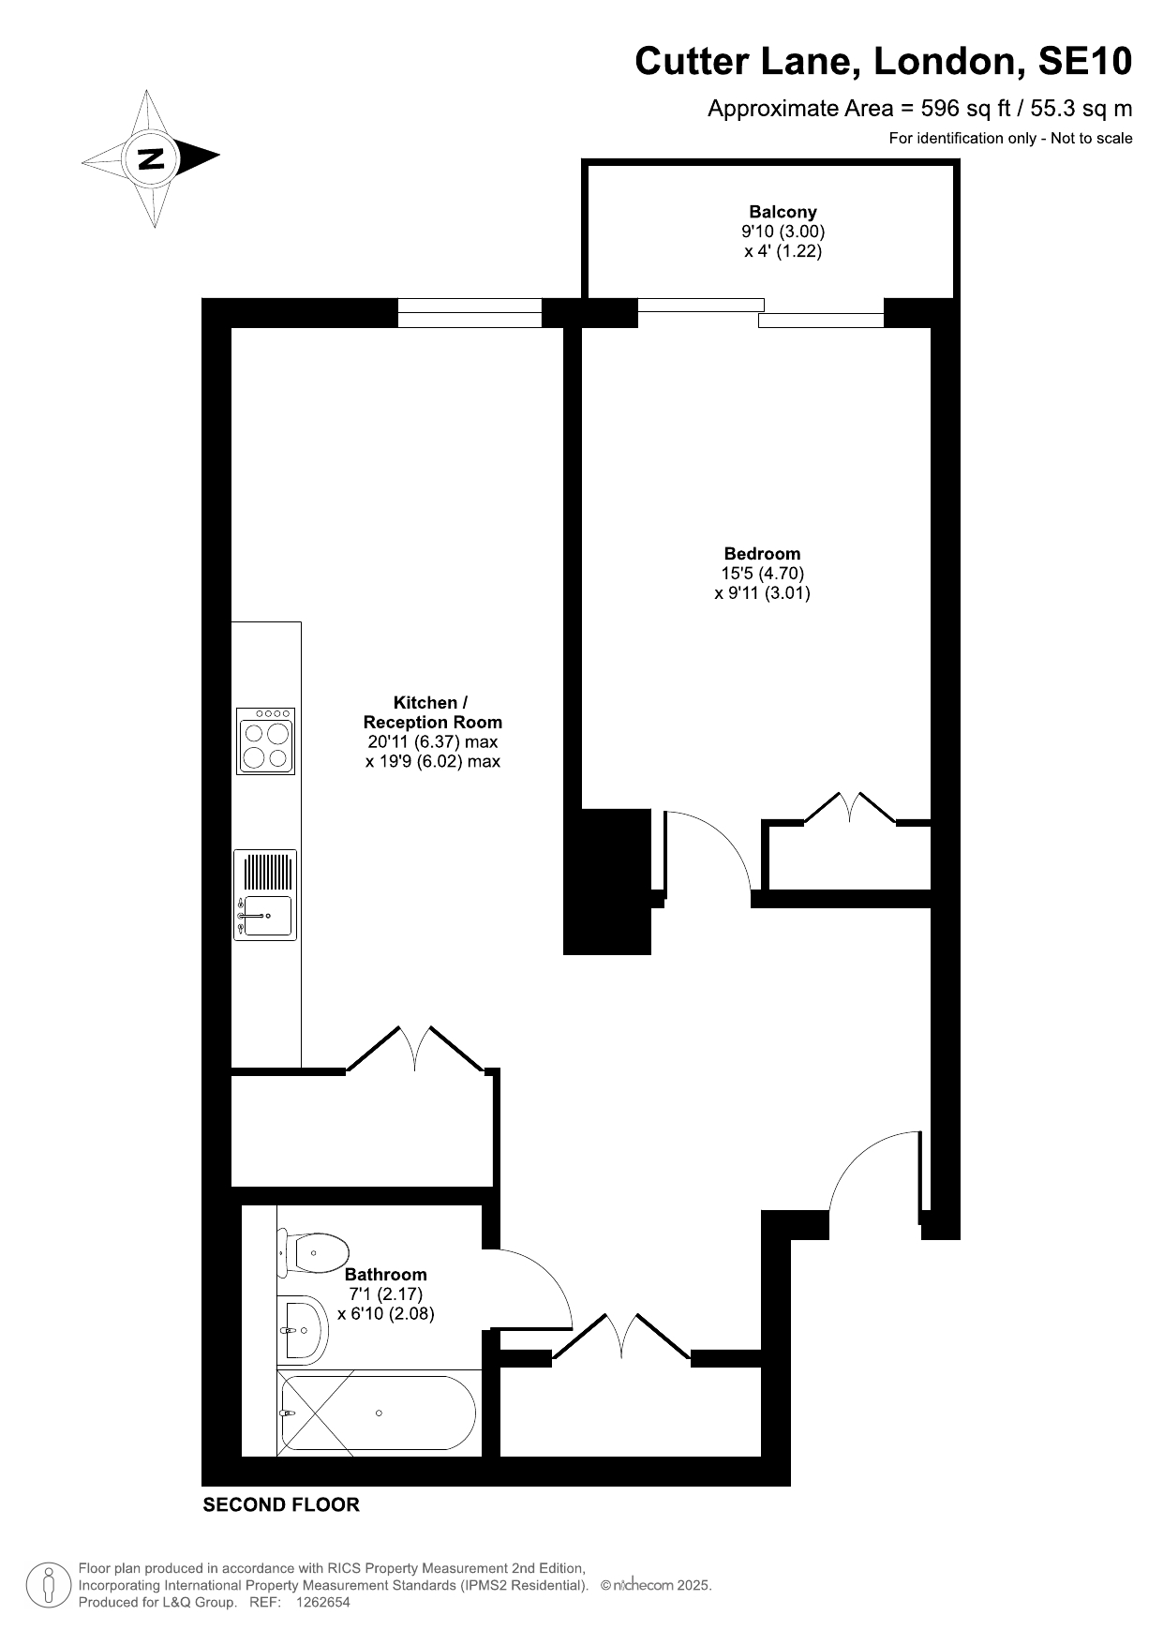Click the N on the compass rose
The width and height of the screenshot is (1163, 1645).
point(151,157)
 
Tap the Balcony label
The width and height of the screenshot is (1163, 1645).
point(783,212)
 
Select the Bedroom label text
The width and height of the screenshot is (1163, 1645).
point(762,553)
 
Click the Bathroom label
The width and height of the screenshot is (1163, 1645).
point(385,1274)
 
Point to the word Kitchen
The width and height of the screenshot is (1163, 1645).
point(425,702)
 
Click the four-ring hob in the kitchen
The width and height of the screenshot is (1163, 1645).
point(266,740)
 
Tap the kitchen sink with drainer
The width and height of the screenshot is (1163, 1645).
point(265,895)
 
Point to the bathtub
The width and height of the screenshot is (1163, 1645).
point(377,1413)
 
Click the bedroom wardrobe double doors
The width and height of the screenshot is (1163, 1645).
point(850,807)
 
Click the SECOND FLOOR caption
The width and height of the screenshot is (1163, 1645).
point(281,1505)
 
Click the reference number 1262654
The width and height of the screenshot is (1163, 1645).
point(322,1603)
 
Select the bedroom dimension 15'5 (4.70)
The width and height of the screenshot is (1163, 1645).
point(762,573)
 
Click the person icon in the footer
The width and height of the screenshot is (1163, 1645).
point(48,1586)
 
